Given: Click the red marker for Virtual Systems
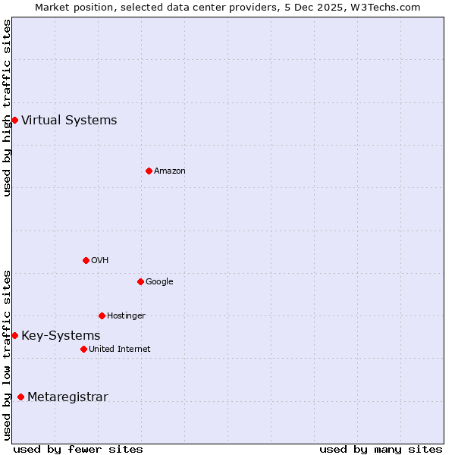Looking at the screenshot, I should click(x=14, y=120).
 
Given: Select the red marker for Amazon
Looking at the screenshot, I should click(x=149, y=171).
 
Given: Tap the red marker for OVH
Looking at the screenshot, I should click(x=86, y=260).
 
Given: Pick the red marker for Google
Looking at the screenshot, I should click(x=140, y=281).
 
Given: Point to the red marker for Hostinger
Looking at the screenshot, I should click(x=102, y=315).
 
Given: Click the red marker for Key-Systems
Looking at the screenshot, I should click(x=14, y=335).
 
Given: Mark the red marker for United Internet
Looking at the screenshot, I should click(x=83, y=349).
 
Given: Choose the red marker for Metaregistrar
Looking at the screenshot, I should click(x=20, y=397).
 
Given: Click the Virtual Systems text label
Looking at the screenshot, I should click(x=69, y=120).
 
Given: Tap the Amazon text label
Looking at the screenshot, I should click(x=170, y=171).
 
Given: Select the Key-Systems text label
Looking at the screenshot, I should click(x=61, y=335).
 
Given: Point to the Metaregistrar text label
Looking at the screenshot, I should click(x=67, y=397).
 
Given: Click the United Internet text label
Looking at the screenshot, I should click(x=120, y=350).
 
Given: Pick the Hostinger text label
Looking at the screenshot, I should click(x=126, y=316).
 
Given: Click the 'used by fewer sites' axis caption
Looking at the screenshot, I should click(x=78, y=449).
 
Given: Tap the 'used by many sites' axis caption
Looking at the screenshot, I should click(x=381, y=449).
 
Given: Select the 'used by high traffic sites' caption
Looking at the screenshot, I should click(x=7, y=108).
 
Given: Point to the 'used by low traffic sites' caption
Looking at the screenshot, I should click(x=7, y=354).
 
